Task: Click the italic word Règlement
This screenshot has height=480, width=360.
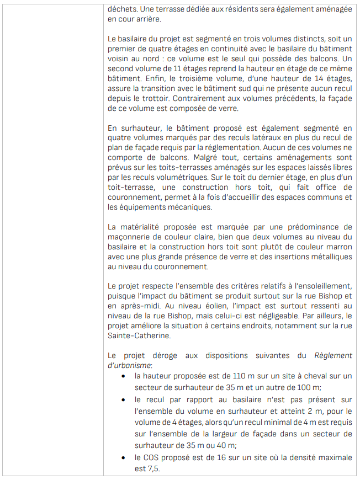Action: pos(333,355)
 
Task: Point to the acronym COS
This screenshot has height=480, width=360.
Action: pos(154,458)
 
